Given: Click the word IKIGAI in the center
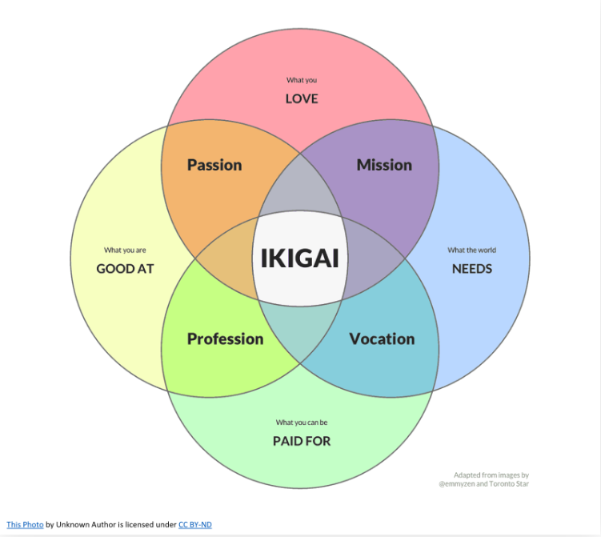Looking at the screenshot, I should [300, 258].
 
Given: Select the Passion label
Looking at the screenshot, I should [214, 165].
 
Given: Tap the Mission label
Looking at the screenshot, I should [384, 165].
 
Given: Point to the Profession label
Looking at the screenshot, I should [225, 339].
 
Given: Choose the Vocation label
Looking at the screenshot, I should [382, 339].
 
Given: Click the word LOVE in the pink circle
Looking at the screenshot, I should [302, 98].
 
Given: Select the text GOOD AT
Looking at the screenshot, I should [125, 268].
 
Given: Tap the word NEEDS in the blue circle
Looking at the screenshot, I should [472, 268].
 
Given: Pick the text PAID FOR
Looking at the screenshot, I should [302, 440].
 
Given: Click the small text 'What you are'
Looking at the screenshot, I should [125, 250].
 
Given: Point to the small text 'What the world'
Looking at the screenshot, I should [472, 250].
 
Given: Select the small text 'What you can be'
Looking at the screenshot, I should [302, 423].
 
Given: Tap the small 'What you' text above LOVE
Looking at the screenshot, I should [302, 80].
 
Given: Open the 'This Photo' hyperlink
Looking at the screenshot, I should [25, 524].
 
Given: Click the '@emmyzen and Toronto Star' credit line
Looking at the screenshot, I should [484, 483].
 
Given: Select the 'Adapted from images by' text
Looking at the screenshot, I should [491, 475].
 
